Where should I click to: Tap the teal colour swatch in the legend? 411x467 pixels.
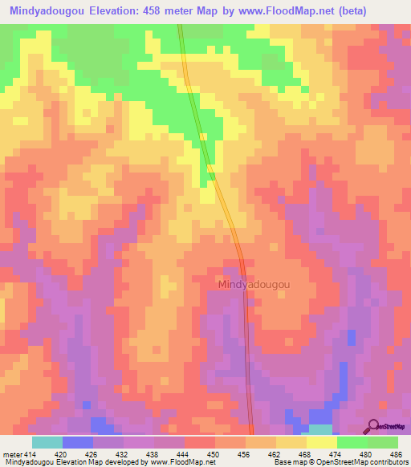[x=47, y=442]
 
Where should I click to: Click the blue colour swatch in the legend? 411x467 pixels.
[x=78, y=442]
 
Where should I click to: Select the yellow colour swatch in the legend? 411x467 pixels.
[x=322, y=442]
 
